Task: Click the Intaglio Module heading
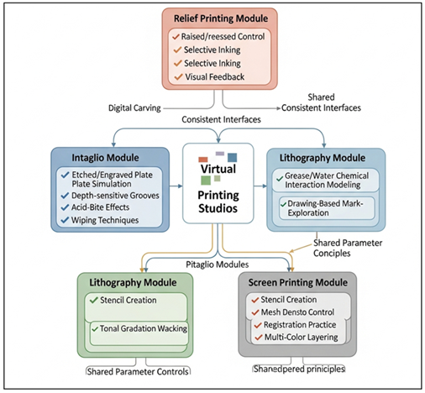[93, 155]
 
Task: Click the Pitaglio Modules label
[220, 264]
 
